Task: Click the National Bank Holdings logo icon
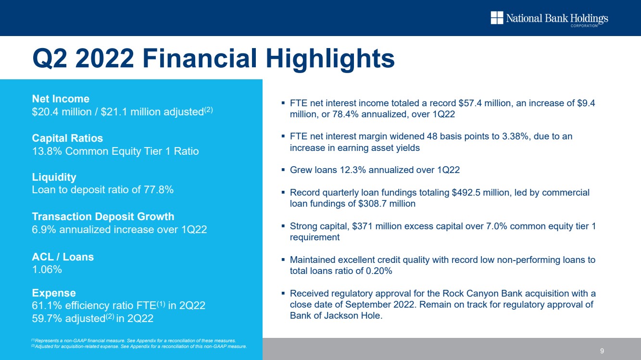pyautogui.click(x=497, y=18)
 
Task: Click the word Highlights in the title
pyautogui.click(x=330, y=59)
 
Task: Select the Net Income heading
pyautogui.click(x=61, y=99)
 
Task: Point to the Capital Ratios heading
pyautogui.click(x=67, y=138)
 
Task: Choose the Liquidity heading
pyautogui.click(x=54, y=177)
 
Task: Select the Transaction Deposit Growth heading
pyautogui.click(x=103, y=216)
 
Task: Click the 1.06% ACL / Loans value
pyautogui.click(x=47, y=269)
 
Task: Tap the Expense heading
pyautogui.click(x=54, y=293)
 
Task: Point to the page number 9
pyautogui.click(x=602, y=351)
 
